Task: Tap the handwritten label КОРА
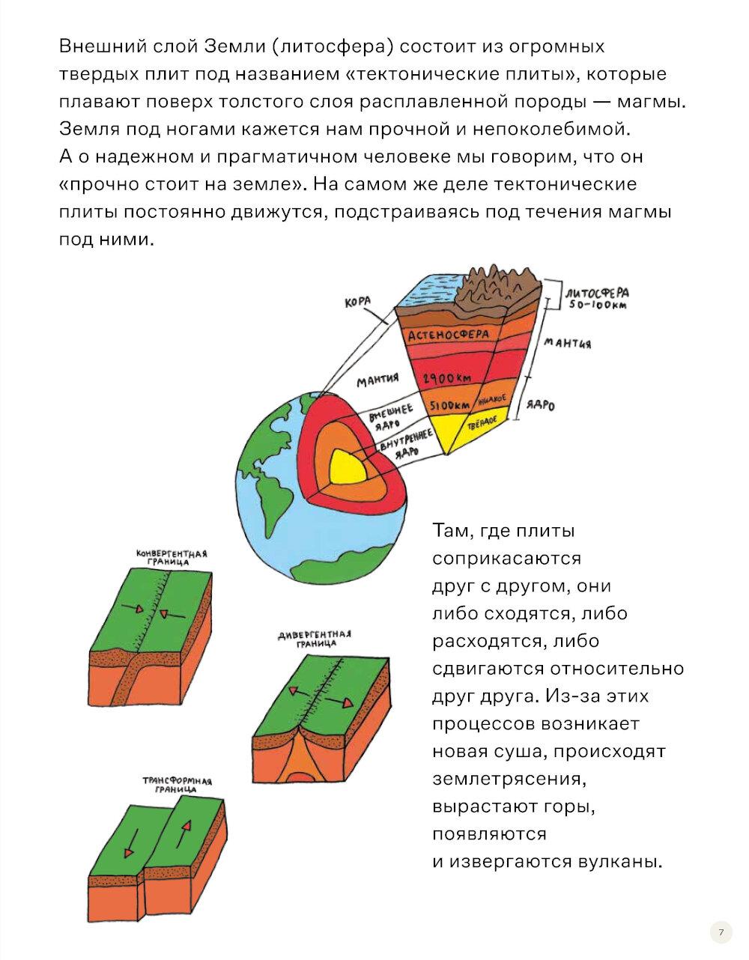point(358,303)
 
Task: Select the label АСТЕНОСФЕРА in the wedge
point(448,335)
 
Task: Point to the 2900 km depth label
point(446,378)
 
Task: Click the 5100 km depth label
point(449,405)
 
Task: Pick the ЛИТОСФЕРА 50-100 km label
point(597,298)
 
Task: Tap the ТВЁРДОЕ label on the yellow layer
point(483,423)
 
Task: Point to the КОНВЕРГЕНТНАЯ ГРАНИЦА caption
point(172,558)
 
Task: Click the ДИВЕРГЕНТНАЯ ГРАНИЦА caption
point(315,640)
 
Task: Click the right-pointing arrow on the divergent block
point(339,700)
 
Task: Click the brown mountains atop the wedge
point(497,290)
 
